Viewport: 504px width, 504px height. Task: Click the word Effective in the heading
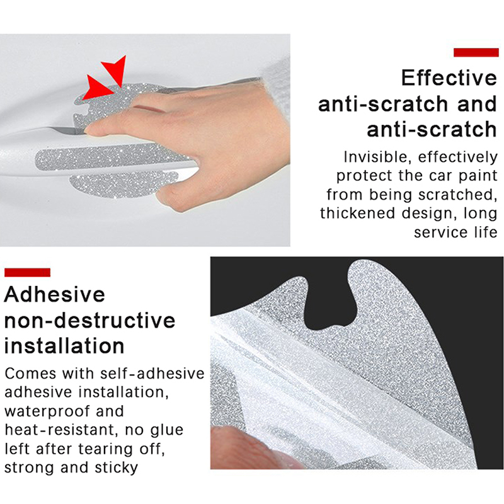point(449,77)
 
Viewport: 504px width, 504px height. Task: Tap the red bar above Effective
point(476,52)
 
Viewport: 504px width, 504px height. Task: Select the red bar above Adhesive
point(27,272)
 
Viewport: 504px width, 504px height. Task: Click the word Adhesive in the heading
point(55,294)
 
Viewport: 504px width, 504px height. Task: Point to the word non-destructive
point(89,320)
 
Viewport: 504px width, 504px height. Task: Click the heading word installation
point(64,346)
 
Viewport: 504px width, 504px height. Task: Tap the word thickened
point(357,213)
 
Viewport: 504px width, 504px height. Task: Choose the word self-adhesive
point(152,374)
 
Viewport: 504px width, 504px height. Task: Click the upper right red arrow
point(116,70)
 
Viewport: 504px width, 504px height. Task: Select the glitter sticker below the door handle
point(123,185)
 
